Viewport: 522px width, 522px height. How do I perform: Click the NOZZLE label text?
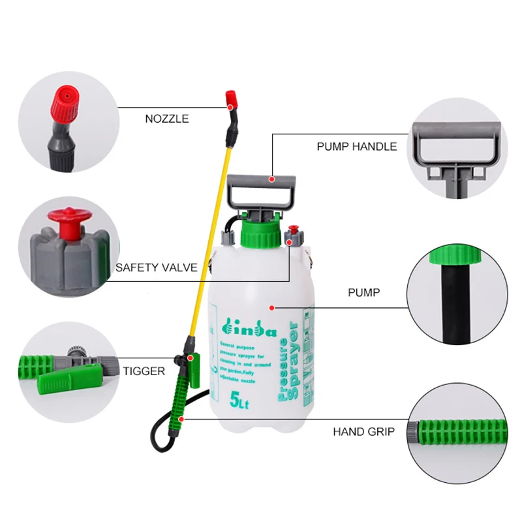click(166, 119)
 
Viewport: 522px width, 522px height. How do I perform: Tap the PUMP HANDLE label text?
click(356, 147)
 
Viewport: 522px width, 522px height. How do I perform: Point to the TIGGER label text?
click(144, 371)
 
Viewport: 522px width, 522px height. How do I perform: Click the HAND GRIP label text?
click(363, 431)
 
